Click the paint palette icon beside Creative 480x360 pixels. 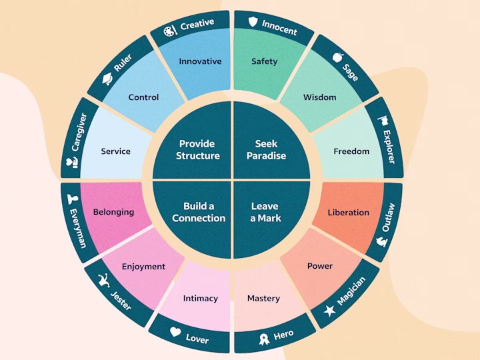click(170, 31)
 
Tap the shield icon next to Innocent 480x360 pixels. click(253, 21)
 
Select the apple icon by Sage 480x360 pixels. click(337, 57)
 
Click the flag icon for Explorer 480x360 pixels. click(383, 121)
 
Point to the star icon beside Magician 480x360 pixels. click(330, 311)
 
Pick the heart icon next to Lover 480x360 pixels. click(175, 332)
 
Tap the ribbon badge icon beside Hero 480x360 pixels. click(264, 339)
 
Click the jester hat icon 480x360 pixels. click(104, 280)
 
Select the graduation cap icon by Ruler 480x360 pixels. click(107, 79)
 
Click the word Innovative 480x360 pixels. click(200, 61)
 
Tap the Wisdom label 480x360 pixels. click(319, 97)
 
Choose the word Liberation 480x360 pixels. click(349, 212)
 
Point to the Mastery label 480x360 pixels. click(263, 298)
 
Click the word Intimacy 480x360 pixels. click(201, 298)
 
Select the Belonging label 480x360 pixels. click(113, 212)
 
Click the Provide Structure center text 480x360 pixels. click(198, 150)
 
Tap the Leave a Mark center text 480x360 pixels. click(265, 212)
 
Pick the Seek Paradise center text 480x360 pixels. click(266, 150)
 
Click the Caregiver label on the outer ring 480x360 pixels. click(79, 132)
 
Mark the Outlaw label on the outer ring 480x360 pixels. click(388, 217)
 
